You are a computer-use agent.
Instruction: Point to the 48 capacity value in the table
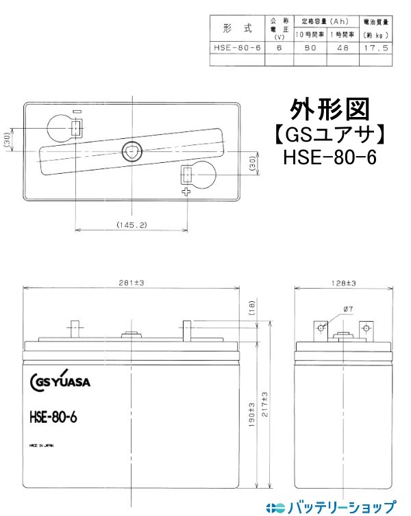[x=342, y=49]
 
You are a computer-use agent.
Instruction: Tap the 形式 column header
[x=237, y=29]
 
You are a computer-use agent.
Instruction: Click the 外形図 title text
[x=329, y=108]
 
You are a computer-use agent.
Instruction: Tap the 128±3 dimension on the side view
[x=342, y=282]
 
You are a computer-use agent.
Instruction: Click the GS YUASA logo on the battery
[x=66, y=381]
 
